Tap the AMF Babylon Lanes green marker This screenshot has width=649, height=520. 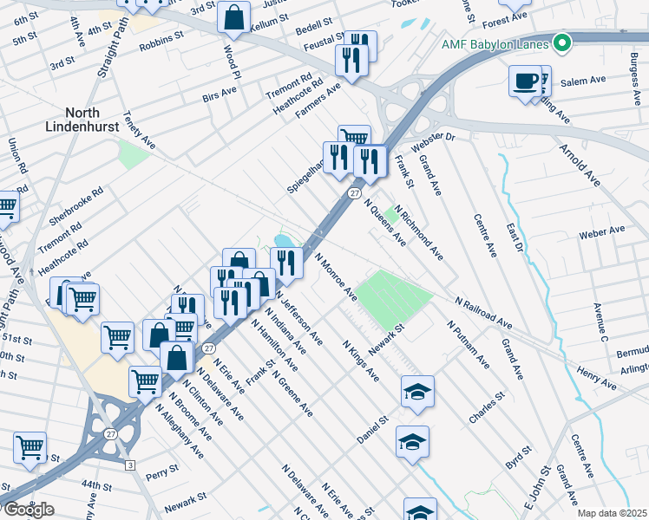[x=563, y=42]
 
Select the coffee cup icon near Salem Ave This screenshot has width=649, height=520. [x=525, y=81]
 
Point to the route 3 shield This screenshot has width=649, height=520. [x=129, y=465]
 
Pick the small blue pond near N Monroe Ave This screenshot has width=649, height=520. [x=284, y=240]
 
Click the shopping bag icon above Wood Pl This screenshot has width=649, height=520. [x=234, y=16]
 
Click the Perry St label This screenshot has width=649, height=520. [x=161, y=472]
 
